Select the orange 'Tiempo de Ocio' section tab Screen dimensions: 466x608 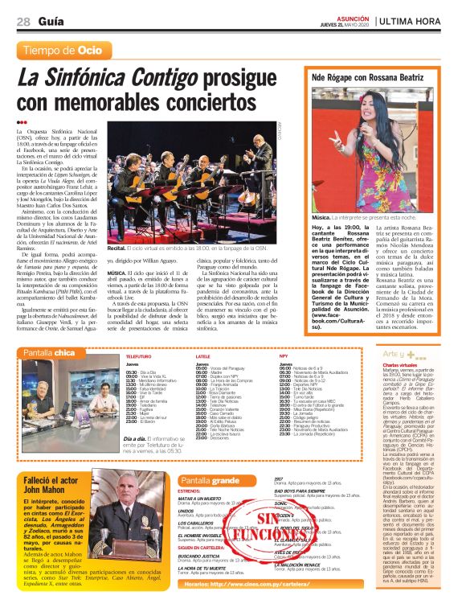pyautogui.click(x=63, y=51)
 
